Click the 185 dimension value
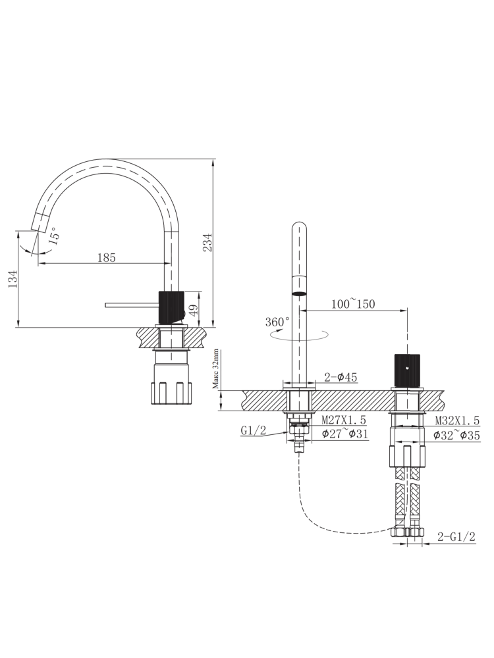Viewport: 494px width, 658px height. coord(107,258)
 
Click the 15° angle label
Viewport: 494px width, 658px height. coord(53,234)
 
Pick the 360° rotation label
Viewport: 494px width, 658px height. coord(277,322)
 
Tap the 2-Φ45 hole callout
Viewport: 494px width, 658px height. coord(341,378)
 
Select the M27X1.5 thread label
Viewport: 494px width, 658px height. coord(343,420)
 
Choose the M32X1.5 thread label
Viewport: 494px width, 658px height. coord(457,420)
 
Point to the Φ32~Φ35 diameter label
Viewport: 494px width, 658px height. coord(457,434)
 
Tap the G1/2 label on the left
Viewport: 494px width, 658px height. coord(253,431)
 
